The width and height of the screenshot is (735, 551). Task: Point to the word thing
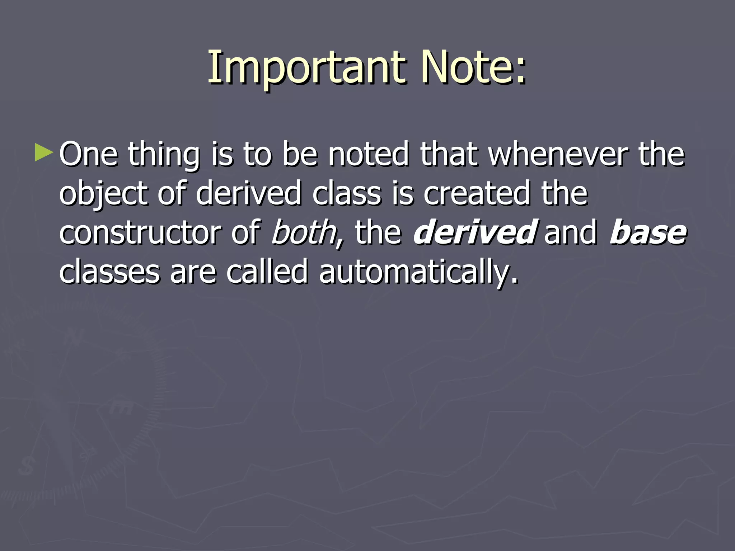(164, 155)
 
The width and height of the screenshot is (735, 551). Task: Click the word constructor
(140, 233)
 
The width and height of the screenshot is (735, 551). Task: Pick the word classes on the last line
(109, 272)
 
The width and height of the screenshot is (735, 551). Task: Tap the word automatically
(418, 272)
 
